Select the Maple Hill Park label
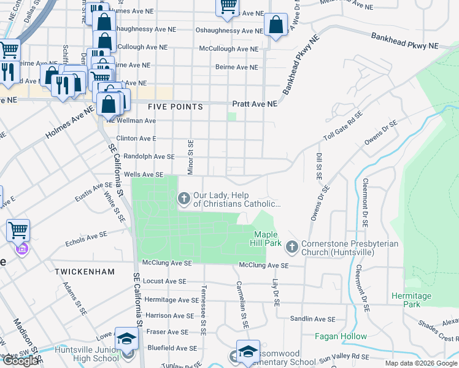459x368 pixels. point(266,239)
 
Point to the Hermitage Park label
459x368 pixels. point(411,300)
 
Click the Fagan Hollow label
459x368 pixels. point(341,336)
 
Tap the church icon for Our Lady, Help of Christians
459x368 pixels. point(183,198)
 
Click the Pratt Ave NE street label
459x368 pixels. point(255,104)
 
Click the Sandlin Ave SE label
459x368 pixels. point(312,319)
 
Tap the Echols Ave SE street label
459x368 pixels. point(87,239)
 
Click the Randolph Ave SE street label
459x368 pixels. point(149,157)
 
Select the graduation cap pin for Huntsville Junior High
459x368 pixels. point(126,339)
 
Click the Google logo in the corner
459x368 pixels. point(20,361)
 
